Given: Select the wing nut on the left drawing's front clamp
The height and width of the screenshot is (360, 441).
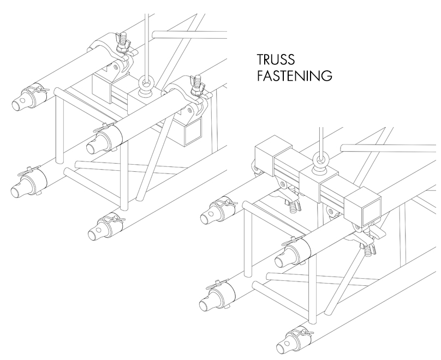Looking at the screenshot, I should pos(195,85).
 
